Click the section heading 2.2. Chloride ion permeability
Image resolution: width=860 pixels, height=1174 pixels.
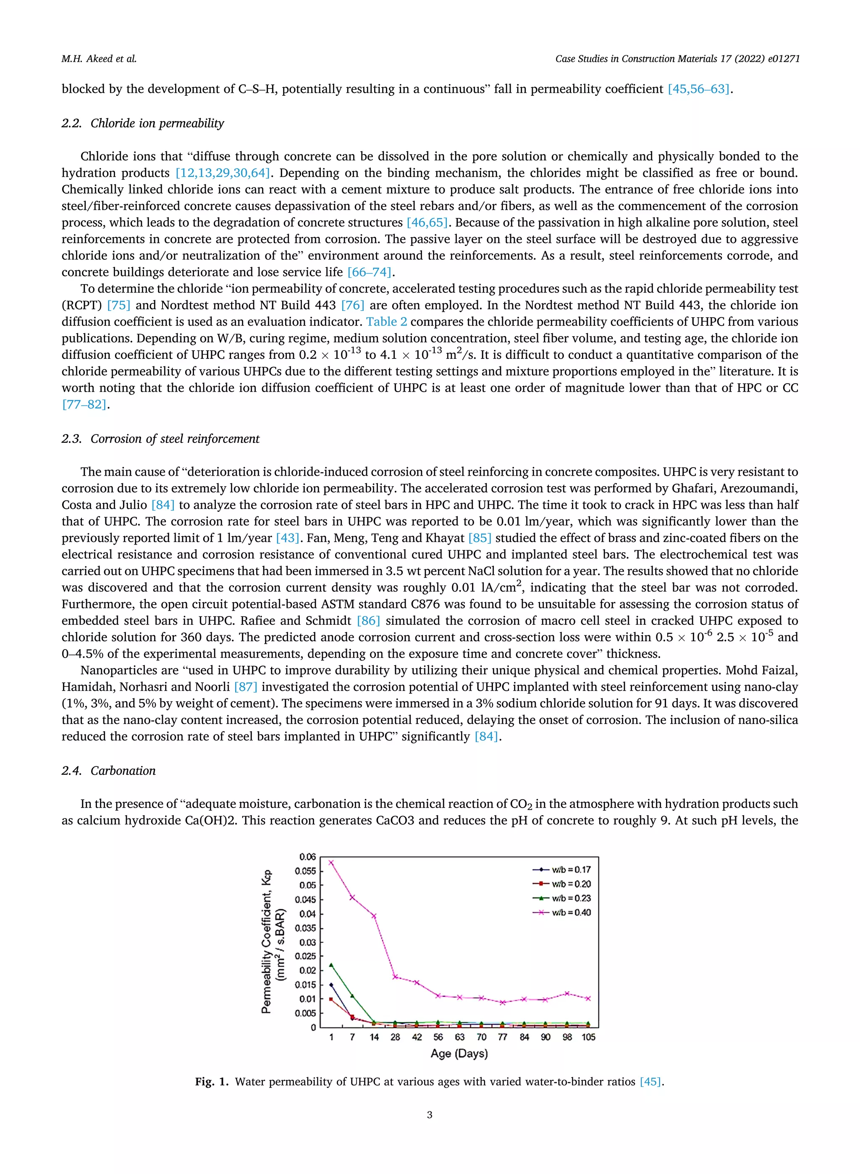pos(143,124)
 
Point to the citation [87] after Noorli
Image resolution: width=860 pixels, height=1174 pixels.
pos(246,687)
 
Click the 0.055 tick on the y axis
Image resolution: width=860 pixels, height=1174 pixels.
pos(306,871)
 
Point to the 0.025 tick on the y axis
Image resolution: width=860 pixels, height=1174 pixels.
pos(306,956)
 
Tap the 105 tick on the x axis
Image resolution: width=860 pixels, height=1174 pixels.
pos(588,1037)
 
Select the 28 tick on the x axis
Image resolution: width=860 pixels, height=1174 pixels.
pos(395,1037)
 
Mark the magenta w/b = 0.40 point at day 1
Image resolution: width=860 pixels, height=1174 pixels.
pos(331,863)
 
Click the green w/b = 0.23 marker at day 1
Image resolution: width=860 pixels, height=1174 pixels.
pos(331,965)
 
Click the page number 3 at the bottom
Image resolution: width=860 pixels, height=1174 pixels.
pos(430,1115)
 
